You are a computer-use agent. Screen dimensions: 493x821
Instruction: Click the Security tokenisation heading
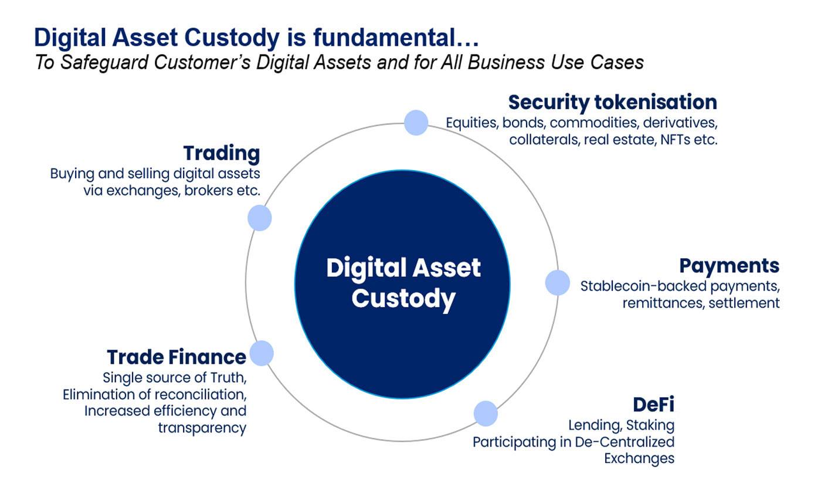(x=612, y=102)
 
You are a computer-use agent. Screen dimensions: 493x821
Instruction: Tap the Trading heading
(x=222, y=154)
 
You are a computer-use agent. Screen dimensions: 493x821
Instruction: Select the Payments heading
(x=729, y=266)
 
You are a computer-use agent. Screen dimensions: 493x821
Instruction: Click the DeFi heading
(x=653, y=404)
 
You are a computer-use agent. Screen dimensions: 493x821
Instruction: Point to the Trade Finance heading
(x=176, y=357)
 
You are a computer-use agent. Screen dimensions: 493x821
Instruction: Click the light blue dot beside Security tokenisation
(x=416, y=123)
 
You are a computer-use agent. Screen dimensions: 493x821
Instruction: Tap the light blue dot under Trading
(x=259, y=218)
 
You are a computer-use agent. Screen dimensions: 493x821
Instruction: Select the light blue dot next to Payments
(x=557, y=282)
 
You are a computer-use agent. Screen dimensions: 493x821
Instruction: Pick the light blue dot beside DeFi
(x=485, y=414)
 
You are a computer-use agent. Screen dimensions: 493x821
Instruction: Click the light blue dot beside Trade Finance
(x=262, y=353)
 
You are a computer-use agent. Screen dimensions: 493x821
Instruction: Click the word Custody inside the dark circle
(x=403, y=298)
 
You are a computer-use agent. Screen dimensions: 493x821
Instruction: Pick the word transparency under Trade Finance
(x=202, y=428)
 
